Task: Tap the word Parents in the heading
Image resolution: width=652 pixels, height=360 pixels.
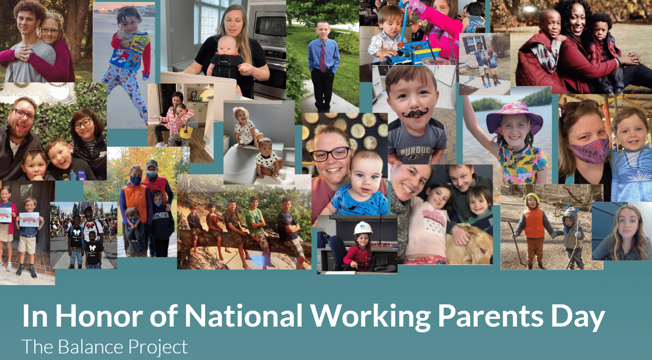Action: (x=490, y=316)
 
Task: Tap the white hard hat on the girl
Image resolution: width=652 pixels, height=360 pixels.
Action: (x=363, y=228)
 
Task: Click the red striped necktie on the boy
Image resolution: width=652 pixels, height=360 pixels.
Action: (x=322, y=57)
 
